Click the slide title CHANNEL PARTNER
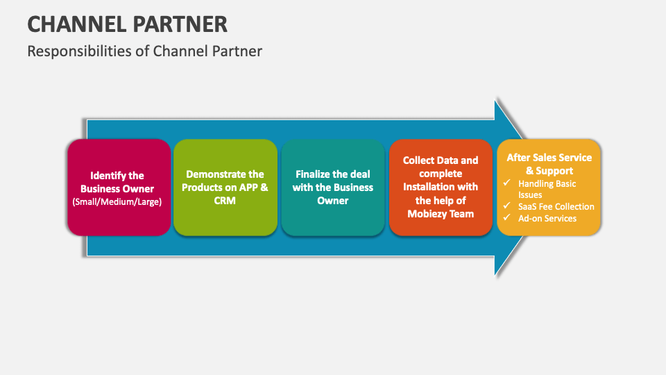(x=127, y=24)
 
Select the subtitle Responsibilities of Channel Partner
(x=144, y=51)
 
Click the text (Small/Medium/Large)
(x=117, y=202)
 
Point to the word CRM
(x=225, y=201)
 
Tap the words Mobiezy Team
(x=441, y=214)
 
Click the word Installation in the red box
(x=428, y=187)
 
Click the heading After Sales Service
(x=549, y=158)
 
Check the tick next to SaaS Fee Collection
(x=506, y=206)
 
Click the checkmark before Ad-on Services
(x=506, y=218)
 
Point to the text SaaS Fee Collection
(x=556, y=206)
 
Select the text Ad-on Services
(x=547, y=218)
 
